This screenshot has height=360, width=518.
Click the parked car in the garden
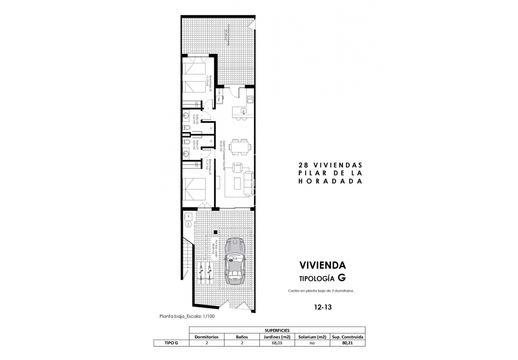coord(235,260)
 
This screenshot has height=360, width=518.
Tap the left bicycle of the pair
coord(200,272)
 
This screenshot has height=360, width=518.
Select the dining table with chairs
coord(238,147)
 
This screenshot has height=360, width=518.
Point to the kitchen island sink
coord(244,112)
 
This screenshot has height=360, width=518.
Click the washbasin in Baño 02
coord(186,116)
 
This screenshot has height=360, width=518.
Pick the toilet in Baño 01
coord(185,142)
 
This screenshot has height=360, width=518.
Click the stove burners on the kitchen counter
coord(249,99)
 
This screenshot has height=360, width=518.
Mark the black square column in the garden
coord(215,232)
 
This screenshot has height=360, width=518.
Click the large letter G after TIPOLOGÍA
coord(341,277)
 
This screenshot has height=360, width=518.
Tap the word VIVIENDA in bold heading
coord(322,265)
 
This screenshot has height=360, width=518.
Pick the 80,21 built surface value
coord(347,343)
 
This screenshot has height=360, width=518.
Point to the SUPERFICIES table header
coord(277,330)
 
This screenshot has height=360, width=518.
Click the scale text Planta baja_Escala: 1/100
coord(188,316)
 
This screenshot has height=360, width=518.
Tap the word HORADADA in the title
coord(329,181)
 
